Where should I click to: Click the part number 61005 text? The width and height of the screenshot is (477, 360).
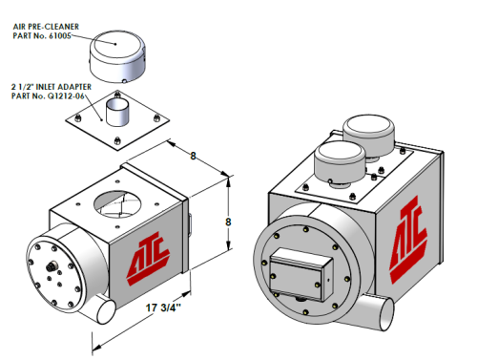pos(59,35)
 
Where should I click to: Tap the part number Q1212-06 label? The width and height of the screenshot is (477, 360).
pos(66,95)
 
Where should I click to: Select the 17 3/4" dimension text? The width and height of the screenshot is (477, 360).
pos(163,307)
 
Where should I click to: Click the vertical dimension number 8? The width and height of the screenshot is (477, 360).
pos(228,222)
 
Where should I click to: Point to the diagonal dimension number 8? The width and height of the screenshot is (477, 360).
pos(193,156)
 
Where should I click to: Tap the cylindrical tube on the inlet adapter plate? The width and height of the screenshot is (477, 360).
pos(117,113)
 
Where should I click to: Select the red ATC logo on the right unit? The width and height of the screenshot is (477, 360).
pos(408,240)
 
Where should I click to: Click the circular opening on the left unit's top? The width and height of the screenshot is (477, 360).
pos(117,204)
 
